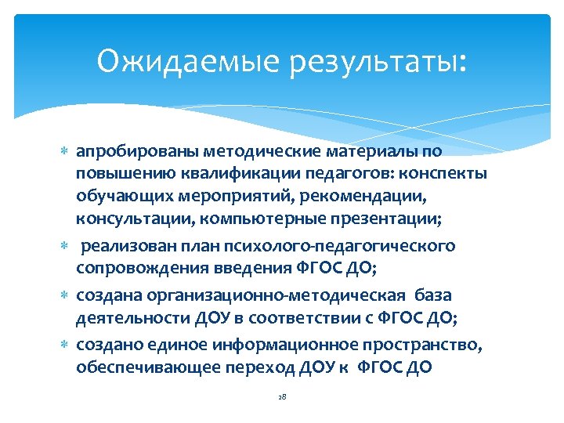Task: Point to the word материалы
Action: [367, 150]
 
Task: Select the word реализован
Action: [132, 247]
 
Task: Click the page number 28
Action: [282, 398]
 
